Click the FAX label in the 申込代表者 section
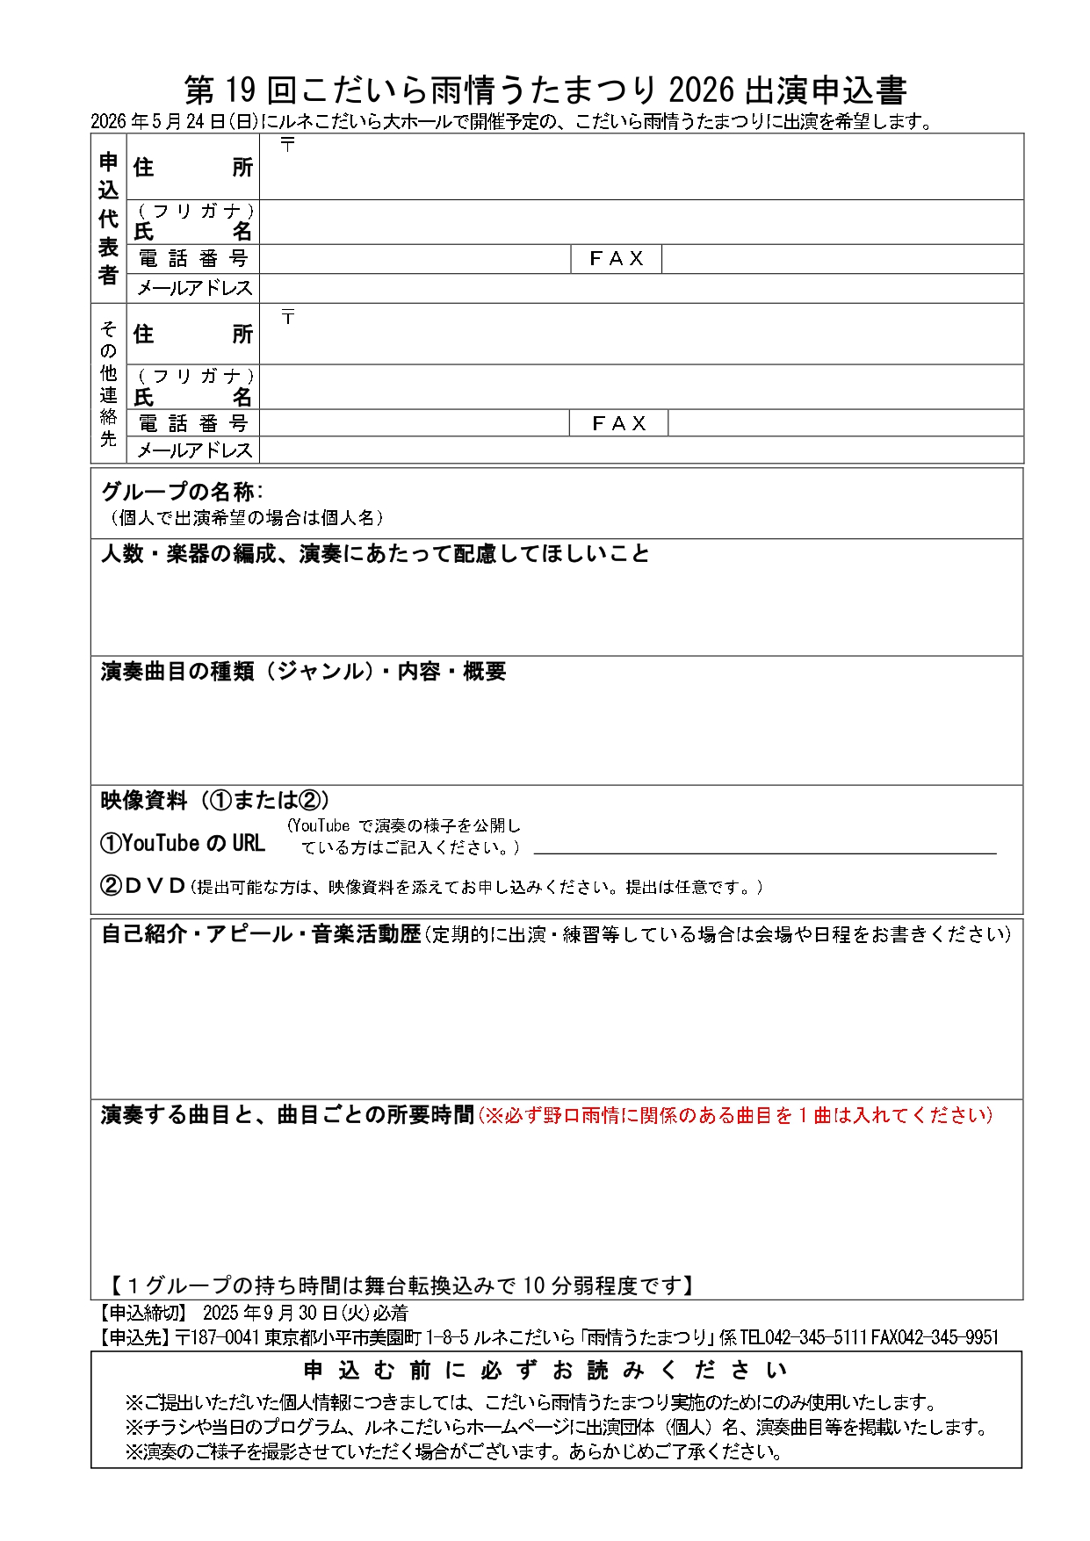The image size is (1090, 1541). (x=617, y=258)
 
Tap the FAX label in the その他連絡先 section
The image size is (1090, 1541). (x=619, y=423)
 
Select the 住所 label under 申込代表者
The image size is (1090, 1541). (x=192, y=167)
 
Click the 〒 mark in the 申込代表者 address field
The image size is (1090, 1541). (x=287, y=145)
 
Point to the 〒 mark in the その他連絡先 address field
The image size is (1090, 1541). (x=287, y=317)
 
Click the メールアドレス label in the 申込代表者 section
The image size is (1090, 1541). (x=194, y=288)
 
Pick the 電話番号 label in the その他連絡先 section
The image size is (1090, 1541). (x=193, y=423)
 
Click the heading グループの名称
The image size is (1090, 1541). (x=181, y=492)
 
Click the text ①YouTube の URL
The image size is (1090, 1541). (x=183, y=844)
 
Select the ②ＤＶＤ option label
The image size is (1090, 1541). (x=143, y=886)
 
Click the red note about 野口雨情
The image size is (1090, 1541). (x=736, y=1115)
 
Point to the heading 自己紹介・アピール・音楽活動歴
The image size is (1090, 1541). (x=262, y=934)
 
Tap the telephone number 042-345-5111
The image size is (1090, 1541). (x=816, y=1337)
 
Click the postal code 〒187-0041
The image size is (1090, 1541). (x=218, y=1337)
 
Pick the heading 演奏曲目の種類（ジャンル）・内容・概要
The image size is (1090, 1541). (x=304, y=672)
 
